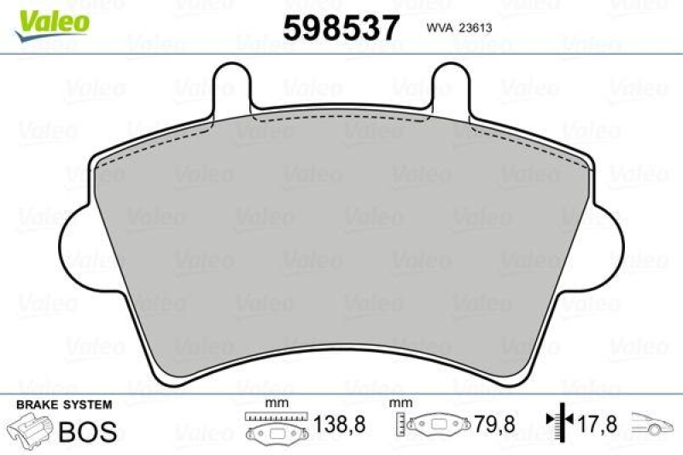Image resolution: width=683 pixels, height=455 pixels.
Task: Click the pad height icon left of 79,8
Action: click(434, 424)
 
